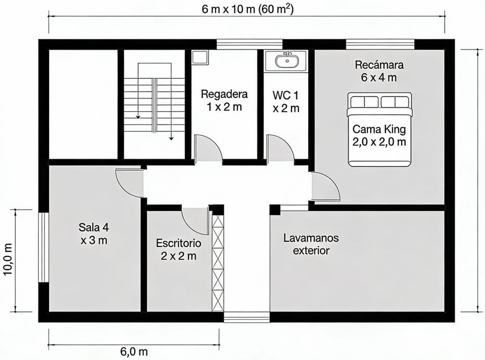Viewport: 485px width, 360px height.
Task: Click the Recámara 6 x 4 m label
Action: tap(379, 71)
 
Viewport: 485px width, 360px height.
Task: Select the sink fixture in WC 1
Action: tap(287, 61)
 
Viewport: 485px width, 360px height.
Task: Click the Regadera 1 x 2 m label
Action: tap(224, 100)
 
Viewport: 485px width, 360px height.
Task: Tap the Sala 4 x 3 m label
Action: tap(93, 233)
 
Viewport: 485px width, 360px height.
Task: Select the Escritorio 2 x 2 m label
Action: tap(178, 249)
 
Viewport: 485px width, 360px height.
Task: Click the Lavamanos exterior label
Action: tap(311, 244)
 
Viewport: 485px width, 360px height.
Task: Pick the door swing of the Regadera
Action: tap(209, 148)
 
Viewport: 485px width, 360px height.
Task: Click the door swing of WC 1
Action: tap(279, 148)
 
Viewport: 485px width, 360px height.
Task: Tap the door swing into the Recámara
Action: tap(325, 186)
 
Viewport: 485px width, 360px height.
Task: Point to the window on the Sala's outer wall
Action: tap(43, 247)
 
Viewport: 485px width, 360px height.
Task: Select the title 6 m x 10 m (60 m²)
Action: tap(248, 9)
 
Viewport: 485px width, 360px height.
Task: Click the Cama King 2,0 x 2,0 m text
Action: tap(379, 135)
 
